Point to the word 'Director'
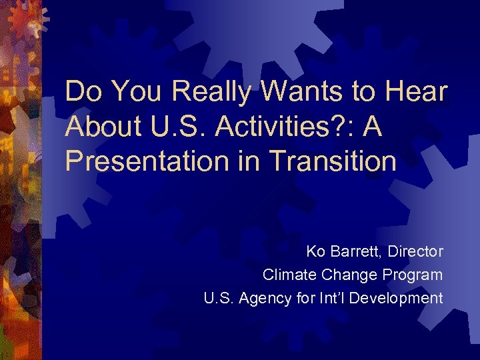click(415, 252)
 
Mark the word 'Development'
click(395, 298)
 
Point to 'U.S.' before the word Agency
click(218, 298)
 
